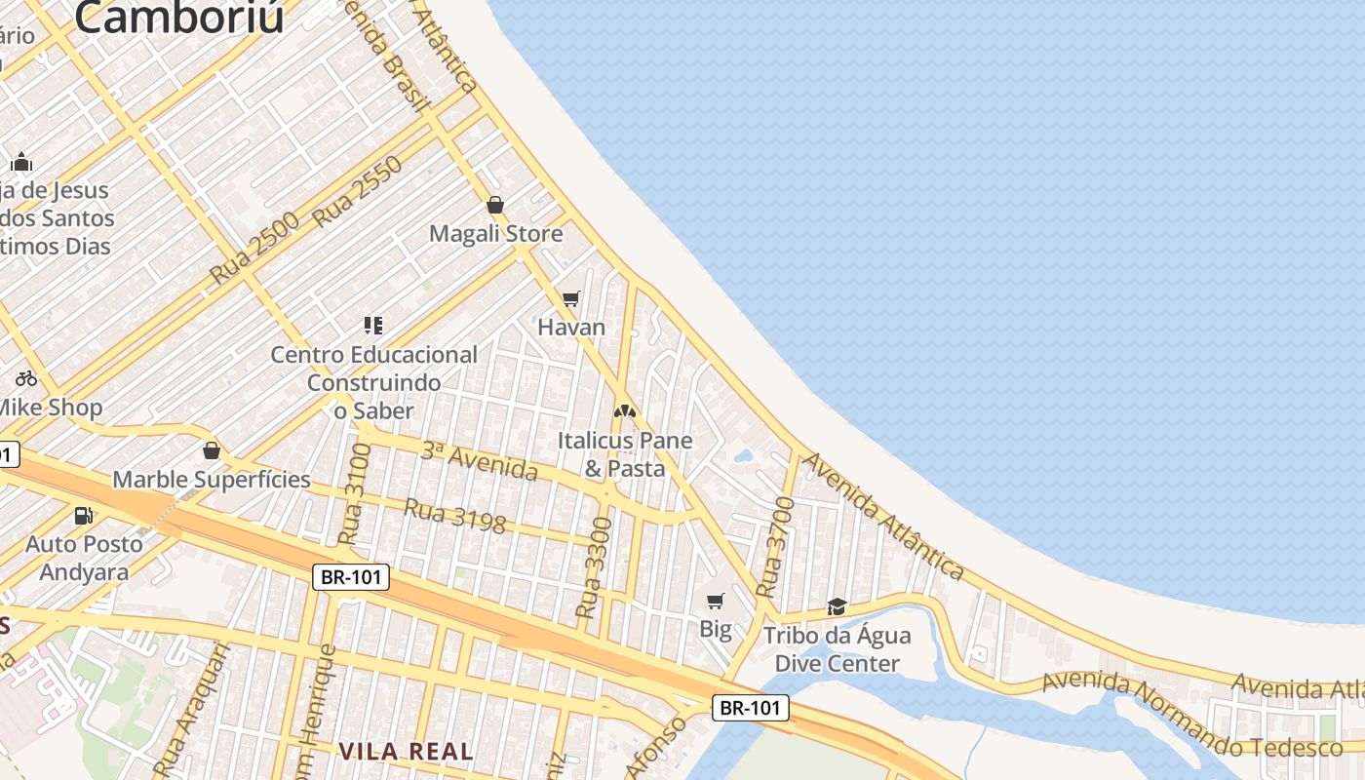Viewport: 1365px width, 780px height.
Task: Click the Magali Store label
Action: pyautogui.click(x=496, y=234)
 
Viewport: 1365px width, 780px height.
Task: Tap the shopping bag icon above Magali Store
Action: pyautogui.click(x=495, y=205)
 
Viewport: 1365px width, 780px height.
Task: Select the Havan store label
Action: pyautogui.click(x=571, y=327)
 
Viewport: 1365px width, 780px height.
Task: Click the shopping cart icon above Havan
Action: pyautogui.click(x=571, y=298)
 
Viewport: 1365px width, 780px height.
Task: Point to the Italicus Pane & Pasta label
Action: pyautogui.click(x=625, y=454)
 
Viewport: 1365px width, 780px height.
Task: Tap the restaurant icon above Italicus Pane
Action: pyautogui.click(x=625, y=411)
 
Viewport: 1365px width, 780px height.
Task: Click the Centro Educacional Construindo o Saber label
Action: pyautogui.click(x=374, y=382)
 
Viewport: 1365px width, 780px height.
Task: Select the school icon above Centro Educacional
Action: pyautogui.click(x=373, y=325)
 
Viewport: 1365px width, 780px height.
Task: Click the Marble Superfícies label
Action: pyautogui.click(x=212, y=480)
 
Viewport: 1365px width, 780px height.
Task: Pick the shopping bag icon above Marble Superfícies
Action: pyautogui.click(x=212, y=450)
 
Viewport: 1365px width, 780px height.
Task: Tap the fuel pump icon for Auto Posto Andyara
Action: pyautogui.click(x=84, y=516)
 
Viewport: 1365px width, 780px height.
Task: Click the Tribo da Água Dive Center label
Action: pyautogui.click(x=837, y=649)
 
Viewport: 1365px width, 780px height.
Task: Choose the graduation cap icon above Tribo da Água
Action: pyautogui.click(x=837, y=606)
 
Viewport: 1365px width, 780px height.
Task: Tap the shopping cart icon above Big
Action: pyautogui.click(x=716, y=601)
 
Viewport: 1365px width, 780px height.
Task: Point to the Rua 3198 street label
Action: pyautogui.click(x=454, y=517)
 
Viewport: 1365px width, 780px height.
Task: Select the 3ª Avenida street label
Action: pyautogui.click(x=479, y=462)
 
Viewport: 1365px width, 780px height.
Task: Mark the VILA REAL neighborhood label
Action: pyautogui.click(x=406, y=752)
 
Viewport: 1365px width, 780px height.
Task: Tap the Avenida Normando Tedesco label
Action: pyautogui.click(x=1191, y=715)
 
